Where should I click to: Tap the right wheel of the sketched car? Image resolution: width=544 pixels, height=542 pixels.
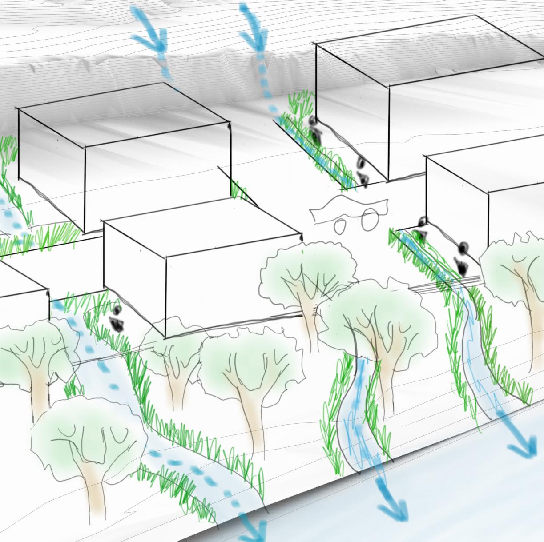(x=368, y=221)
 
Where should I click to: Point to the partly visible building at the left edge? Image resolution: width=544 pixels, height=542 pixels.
(x=22, y=307)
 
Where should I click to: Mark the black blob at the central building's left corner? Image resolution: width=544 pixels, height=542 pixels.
(x=117, y=318)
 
